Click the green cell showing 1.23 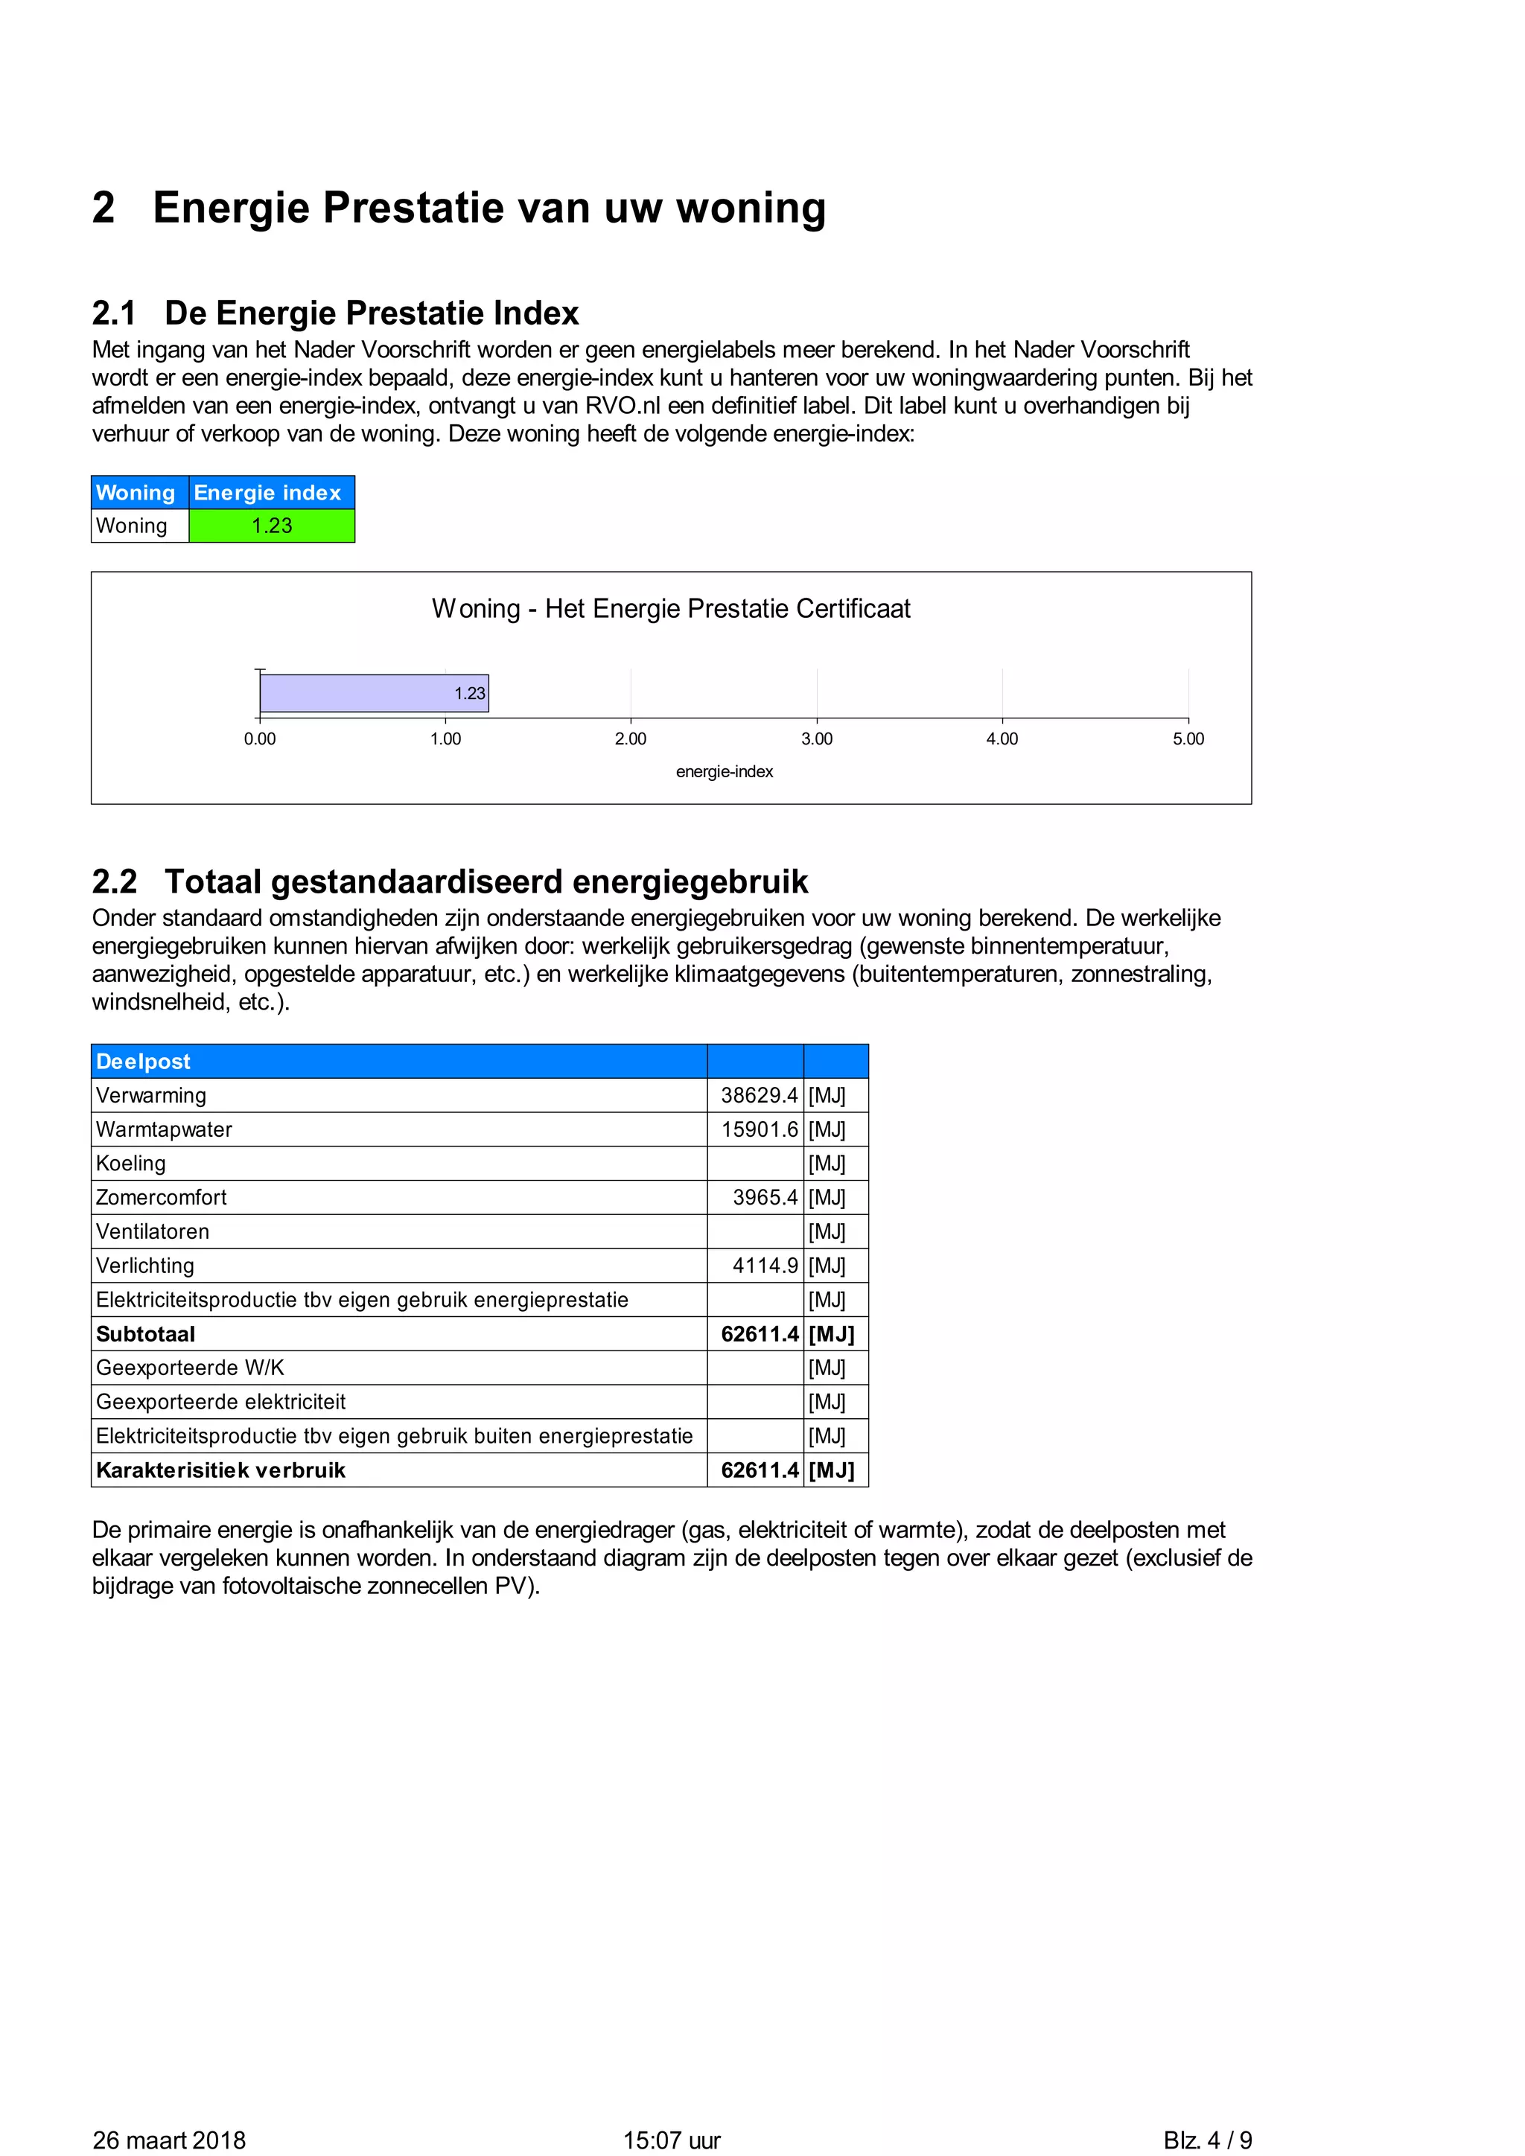(x=271, y=526)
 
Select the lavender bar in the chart (x=374, y=693)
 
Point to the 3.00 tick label (x=816, y=739)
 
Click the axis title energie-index (x=724, y=772)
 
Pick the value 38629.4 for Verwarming (x=759, y=1095)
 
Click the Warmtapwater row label (x=165, y=1129)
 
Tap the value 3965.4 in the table (x=765, y=1197)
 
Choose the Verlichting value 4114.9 (x=765, y=1266)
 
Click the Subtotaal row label (x=145, y=1334)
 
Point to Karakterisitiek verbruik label (x=220, y=1470)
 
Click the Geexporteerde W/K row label (x=190, y=1368)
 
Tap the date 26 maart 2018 (x=169, y=2140)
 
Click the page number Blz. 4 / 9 (x=1208, y=2140)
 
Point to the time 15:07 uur (x=672, y=2140)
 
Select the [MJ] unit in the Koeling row (x=827, y=1164)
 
